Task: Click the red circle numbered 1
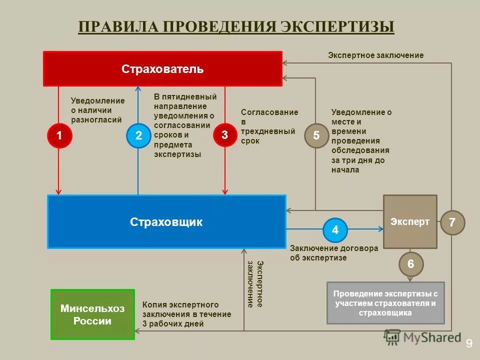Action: click(x=59, y=135)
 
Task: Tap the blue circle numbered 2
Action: click(x=138, y=135)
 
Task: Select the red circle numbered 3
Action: click(x=225, y=135)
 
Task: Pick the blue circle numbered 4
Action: click(x=335, y=230)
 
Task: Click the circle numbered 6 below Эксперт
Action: click(x=411, y=264)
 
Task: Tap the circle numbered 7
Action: click(x=452, y=223)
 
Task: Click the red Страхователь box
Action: click(x=162, y=69)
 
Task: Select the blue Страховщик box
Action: click(x=166, y=222)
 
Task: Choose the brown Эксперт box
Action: click(x=410, y=222)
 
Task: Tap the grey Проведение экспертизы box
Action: click(x=385, y=303)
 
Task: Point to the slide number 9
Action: click(x=469, y=343)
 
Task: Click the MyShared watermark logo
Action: click(x=422, y=337)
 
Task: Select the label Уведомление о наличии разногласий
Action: click(x=97, y=110)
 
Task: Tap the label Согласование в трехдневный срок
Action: click(x=269, y=126)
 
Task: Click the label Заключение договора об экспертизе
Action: click(x=334, y=253)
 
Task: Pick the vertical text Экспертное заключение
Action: click(x=254, y=283)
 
